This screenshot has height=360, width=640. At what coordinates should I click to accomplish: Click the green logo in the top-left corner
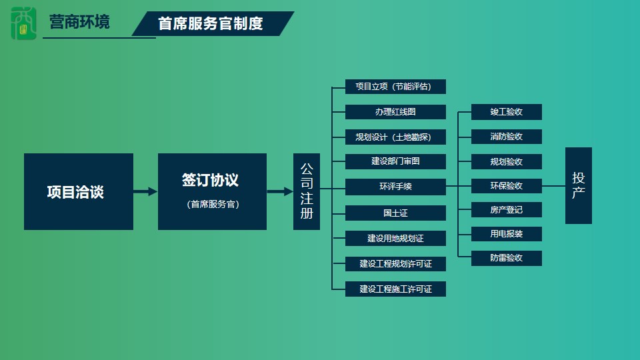point(24,23)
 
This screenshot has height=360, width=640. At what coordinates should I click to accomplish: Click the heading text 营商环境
point(79,22)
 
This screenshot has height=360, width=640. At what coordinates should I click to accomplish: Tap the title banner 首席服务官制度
point(213,24)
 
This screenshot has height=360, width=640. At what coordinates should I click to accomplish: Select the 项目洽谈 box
point(79,191)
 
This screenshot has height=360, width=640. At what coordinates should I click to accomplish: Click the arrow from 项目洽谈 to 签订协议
point(145,191)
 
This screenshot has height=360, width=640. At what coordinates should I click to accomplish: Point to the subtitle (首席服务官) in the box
point(213,204)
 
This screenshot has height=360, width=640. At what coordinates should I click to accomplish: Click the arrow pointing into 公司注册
point(280,191)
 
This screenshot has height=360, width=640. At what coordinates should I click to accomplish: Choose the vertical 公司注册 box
point(307,191)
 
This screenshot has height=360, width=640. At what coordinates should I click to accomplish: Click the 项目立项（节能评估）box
point(395,87)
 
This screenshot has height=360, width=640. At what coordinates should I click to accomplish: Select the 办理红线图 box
point(395,112)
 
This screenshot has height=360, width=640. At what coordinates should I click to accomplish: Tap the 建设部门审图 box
point(395,161)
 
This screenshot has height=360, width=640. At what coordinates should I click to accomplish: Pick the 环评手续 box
point(395,187)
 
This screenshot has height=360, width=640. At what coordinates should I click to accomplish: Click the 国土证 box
point(395,213)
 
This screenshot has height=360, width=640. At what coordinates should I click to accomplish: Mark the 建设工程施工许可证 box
point(395,289)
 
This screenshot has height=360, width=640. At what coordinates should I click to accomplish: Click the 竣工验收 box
point(507,112)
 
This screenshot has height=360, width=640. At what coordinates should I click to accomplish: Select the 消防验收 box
point(507,137)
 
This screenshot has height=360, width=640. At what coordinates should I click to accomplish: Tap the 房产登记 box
point(507,210)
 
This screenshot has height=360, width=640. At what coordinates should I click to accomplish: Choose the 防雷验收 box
point(507,259)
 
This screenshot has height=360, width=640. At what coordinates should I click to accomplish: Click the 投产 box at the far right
point(579,186)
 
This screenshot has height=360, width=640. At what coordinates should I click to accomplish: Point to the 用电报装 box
point(507,234)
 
